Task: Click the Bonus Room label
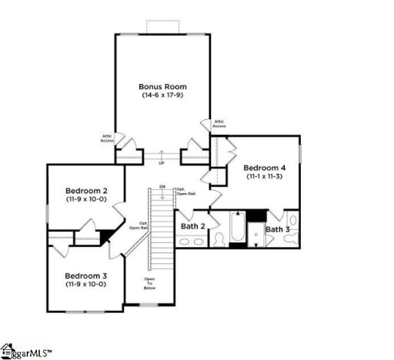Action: [162, 86]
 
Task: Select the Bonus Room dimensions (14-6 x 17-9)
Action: [162, 95]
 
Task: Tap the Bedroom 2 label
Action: [85, 191]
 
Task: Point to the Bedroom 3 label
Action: [85, 275]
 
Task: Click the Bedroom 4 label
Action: [265, 168]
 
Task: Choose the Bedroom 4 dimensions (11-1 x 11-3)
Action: [265, 177]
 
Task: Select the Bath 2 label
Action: [192, 227]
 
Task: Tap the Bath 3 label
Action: [278, 229]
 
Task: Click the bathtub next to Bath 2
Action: [237, 228]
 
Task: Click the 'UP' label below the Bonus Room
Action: [161, 164]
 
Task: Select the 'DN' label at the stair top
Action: [162, 187]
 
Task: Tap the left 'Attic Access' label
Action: [107, 138]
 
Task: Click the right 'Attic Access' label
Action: [219, 123]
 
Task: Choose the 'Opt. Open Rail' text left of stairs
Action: [138, 225]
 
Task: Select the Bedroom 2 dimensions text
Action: [85, 200]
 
